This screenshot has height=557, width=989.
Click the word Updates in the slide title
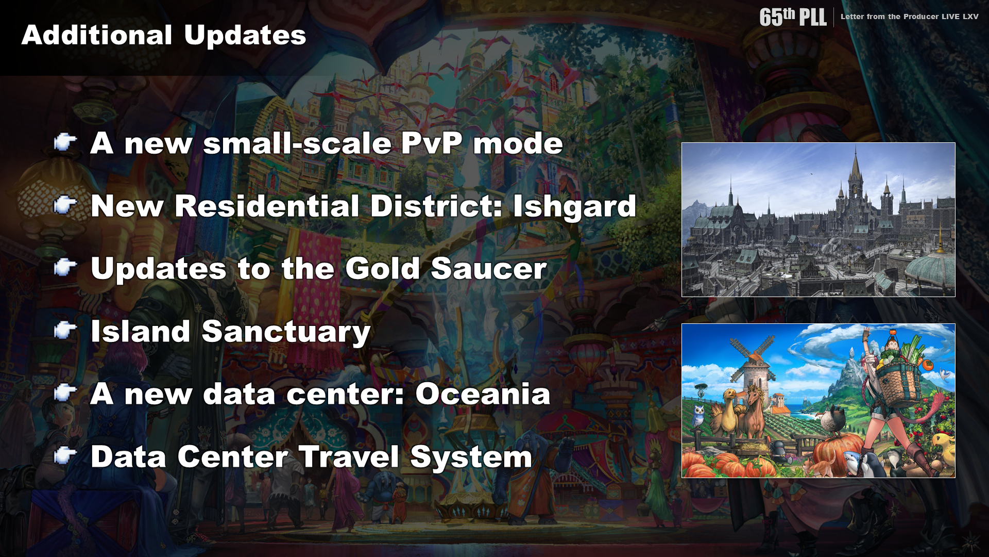coord(245,36)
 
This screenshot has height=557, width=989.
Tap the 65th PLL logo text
coord(793,17)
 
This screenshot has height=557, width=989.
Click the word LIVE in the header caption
coord(950,17)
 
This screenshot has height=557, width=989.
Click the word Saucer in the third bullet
coord(489,269)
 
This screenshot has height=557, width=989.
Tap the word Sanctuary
coord(286,332)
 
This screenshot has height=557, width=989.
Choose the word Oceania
coord(483,394)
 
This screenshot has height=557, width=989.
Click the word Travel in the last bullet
coord(349,457)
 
